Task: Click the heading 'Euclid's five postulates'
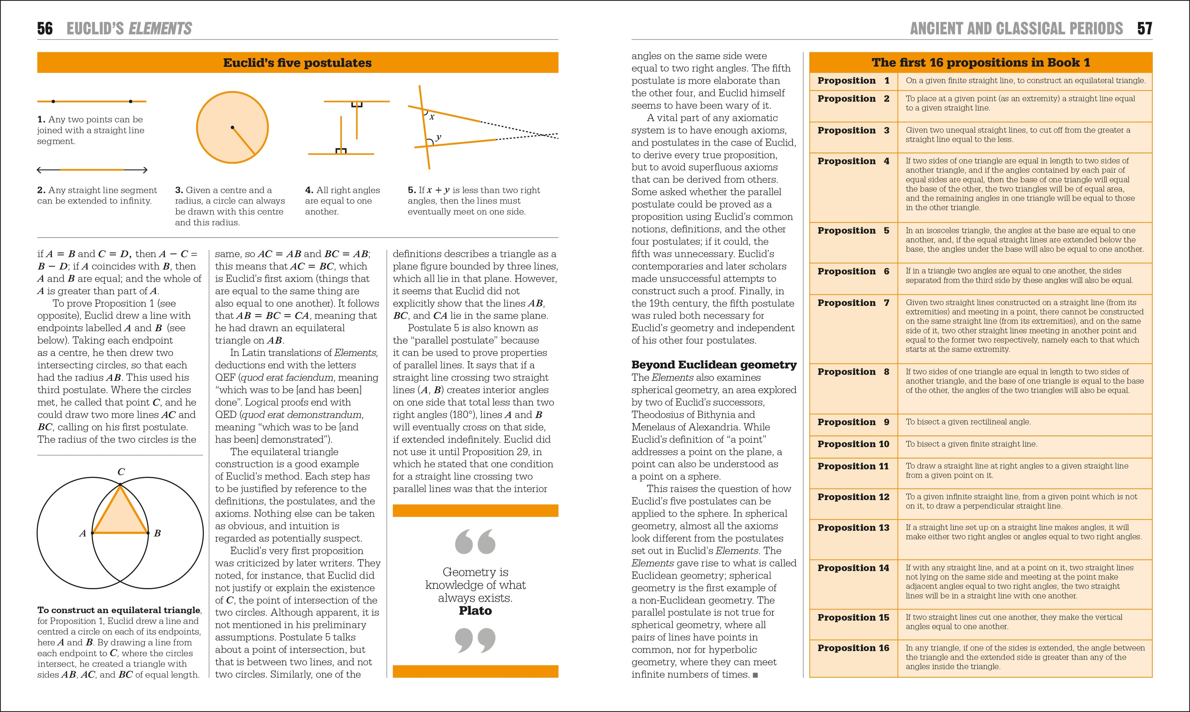297,63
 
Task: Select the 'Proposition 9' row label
853,422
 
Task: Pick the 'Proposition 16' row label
853,648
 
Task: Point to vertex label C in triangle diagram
121,472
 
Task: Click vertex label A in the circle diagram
82,533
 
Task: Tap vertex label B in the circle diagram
157,533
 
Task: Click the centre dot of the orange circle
232,128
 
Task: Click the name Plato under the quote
475,611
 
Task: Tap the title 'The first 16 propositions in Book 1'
981,63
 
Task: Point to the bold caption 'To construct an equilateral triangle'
119,610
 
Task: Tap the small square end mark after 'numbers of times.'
756,675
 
